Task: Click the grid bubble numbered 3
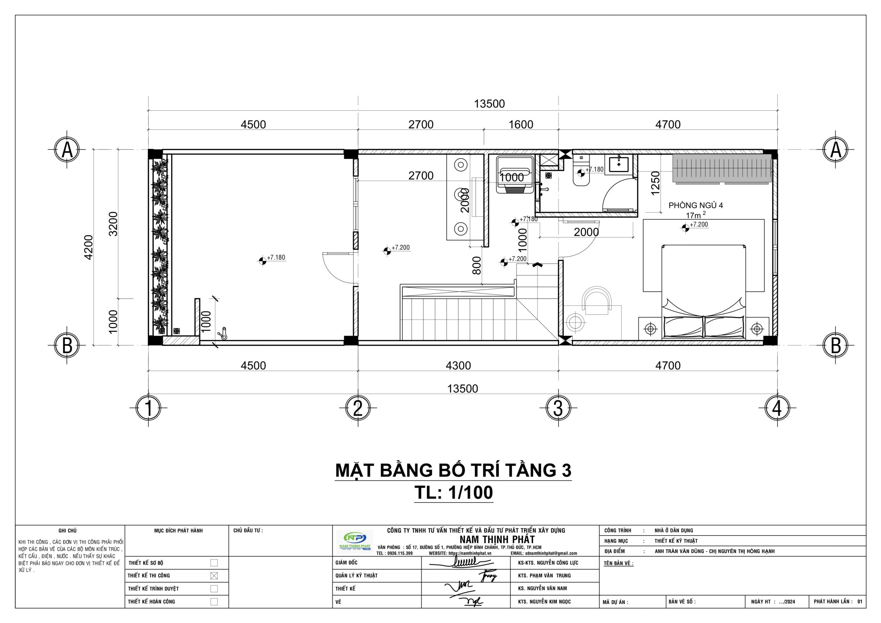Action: click(x=558, y=408)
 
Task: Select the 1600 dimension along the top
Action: click(x=521, y=124)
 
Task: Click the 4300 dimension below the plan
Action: click(x=458, y=366)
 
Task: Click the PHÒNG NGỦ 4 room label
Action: click(x=695, y=205)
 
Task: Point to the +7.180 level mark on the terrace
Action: click(x=263, y=261)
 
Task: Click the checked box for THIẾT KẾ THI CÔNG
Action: click(x=214, y=576)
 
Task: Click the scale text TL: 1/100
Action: click(x=454, y=493)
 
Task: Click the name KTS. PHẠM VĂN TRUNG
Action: click(x=544, y=576)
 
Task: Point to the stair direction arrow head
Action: click(x=537, y=264)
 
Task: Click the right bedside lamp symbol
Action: click(x=756, y=329)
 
